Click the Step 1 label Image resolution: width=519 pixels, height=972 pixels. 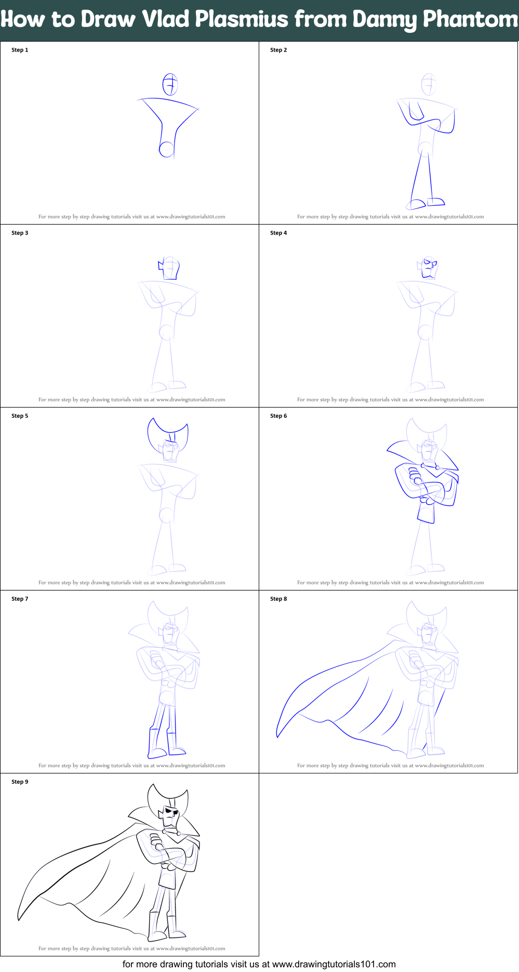click(x=20, y=50)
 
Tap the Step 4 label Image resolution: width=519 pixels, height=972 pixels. click(x=278, y=233)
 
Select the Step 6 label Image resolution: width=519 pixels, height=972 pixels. click(x=278, y=416)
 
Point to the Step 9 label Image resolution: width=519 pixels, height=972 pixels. click(x=20, y=782)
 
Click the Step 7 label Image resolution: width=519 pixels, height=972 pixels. click(x=20, y=599)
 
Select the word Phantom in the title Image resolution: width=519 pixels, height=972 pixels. click(x=470, y=20)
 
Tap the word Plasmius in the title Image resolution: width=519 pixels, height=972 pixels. click(x=242, y=20)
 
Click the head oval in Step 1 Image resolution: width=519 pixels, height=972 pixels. click(x=170, y=85)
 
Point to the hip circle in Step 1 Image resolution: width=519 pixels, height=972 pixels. click(x=166, y=149)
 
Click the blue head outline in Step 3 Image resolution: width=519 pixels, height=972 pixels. click(x=169, y=268)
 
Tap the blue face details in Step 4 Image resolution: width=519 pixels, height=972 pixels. click(x=429, y=268)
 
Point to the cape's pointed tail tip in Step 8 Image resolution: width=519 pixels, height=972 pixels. click(x=278, y=735)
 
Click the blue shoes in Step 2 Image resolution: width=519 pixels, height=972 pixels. click(x=426, y=203)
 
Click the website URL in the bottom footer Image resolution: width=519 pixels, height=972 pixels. click(x=334, y=964)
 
